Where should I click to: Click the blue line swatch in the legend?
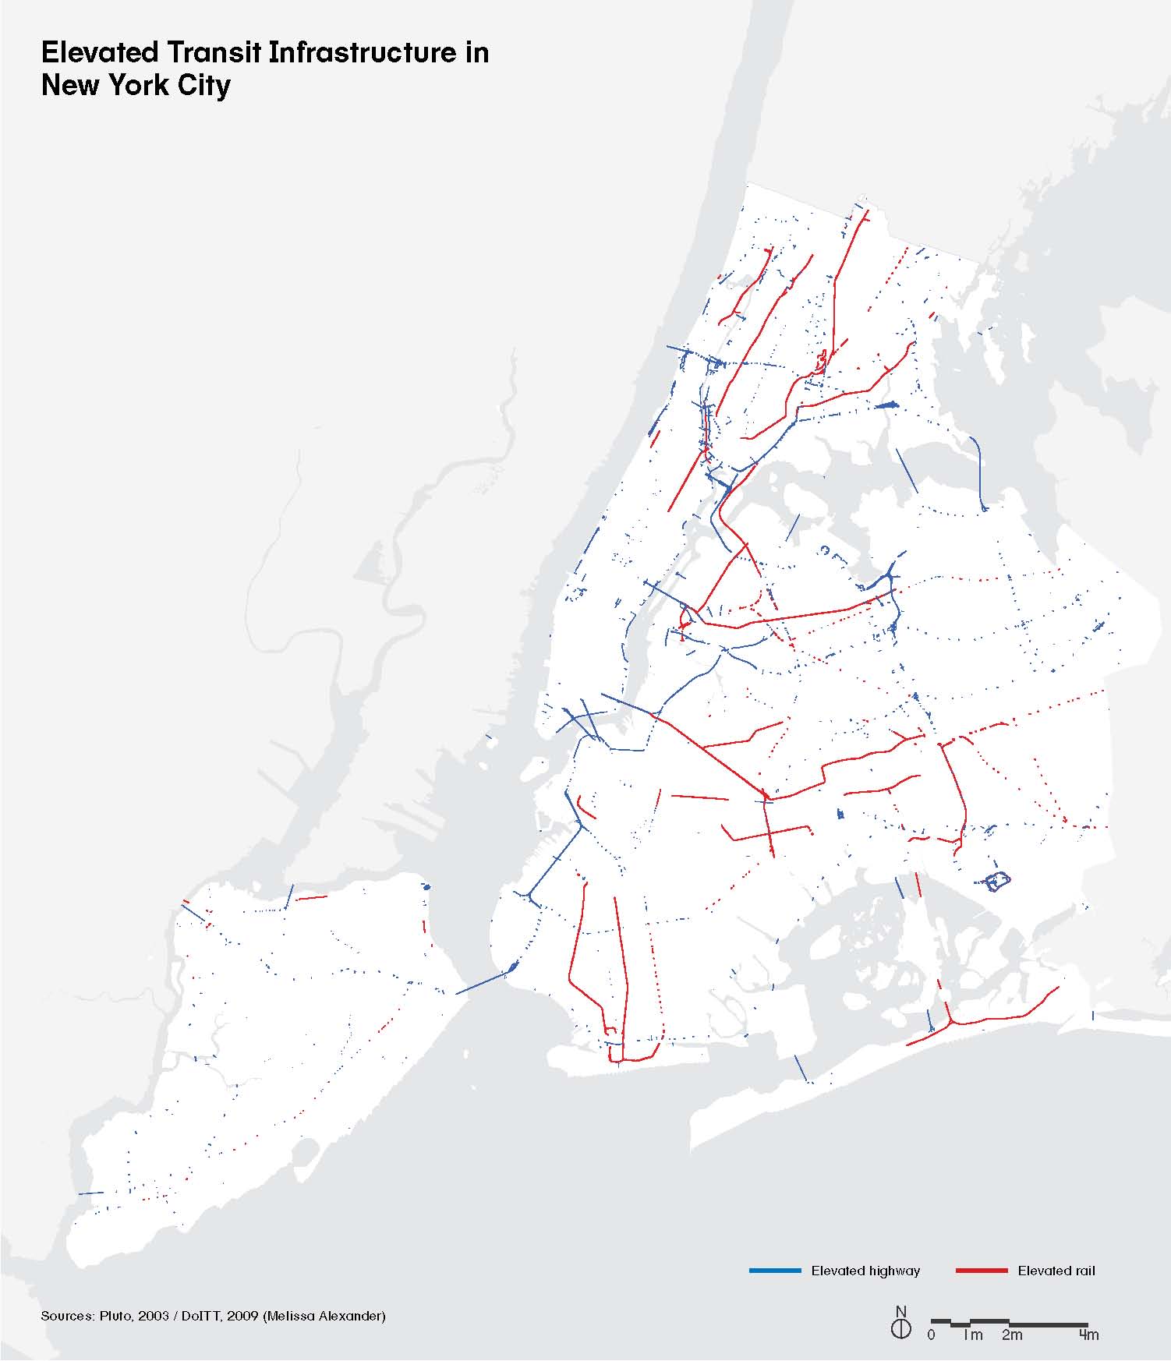(x=775, y=1271)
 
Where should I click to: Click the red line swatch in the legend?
(x=982, y=1271)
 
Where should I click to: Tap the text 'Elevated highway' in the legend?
(x=865, y=1271)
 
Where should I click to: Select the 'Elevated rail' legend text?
(x=1056, y=1271)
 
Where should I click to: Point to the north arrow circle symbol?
(x=900, y=1328)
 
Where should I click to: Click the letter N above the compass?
(x=901, y=1311)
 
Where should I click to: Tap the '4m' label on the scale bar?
(x=1089, y=1334)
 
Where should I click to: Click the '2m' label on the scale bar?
(x=1011, y=1334)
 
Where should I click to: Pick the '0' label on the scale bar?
(x=932, y=1334)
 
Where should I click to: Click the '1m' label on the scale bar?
(x=972, y=1334)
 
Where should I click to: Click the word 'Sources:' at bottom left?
(x=68, y=1316)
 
